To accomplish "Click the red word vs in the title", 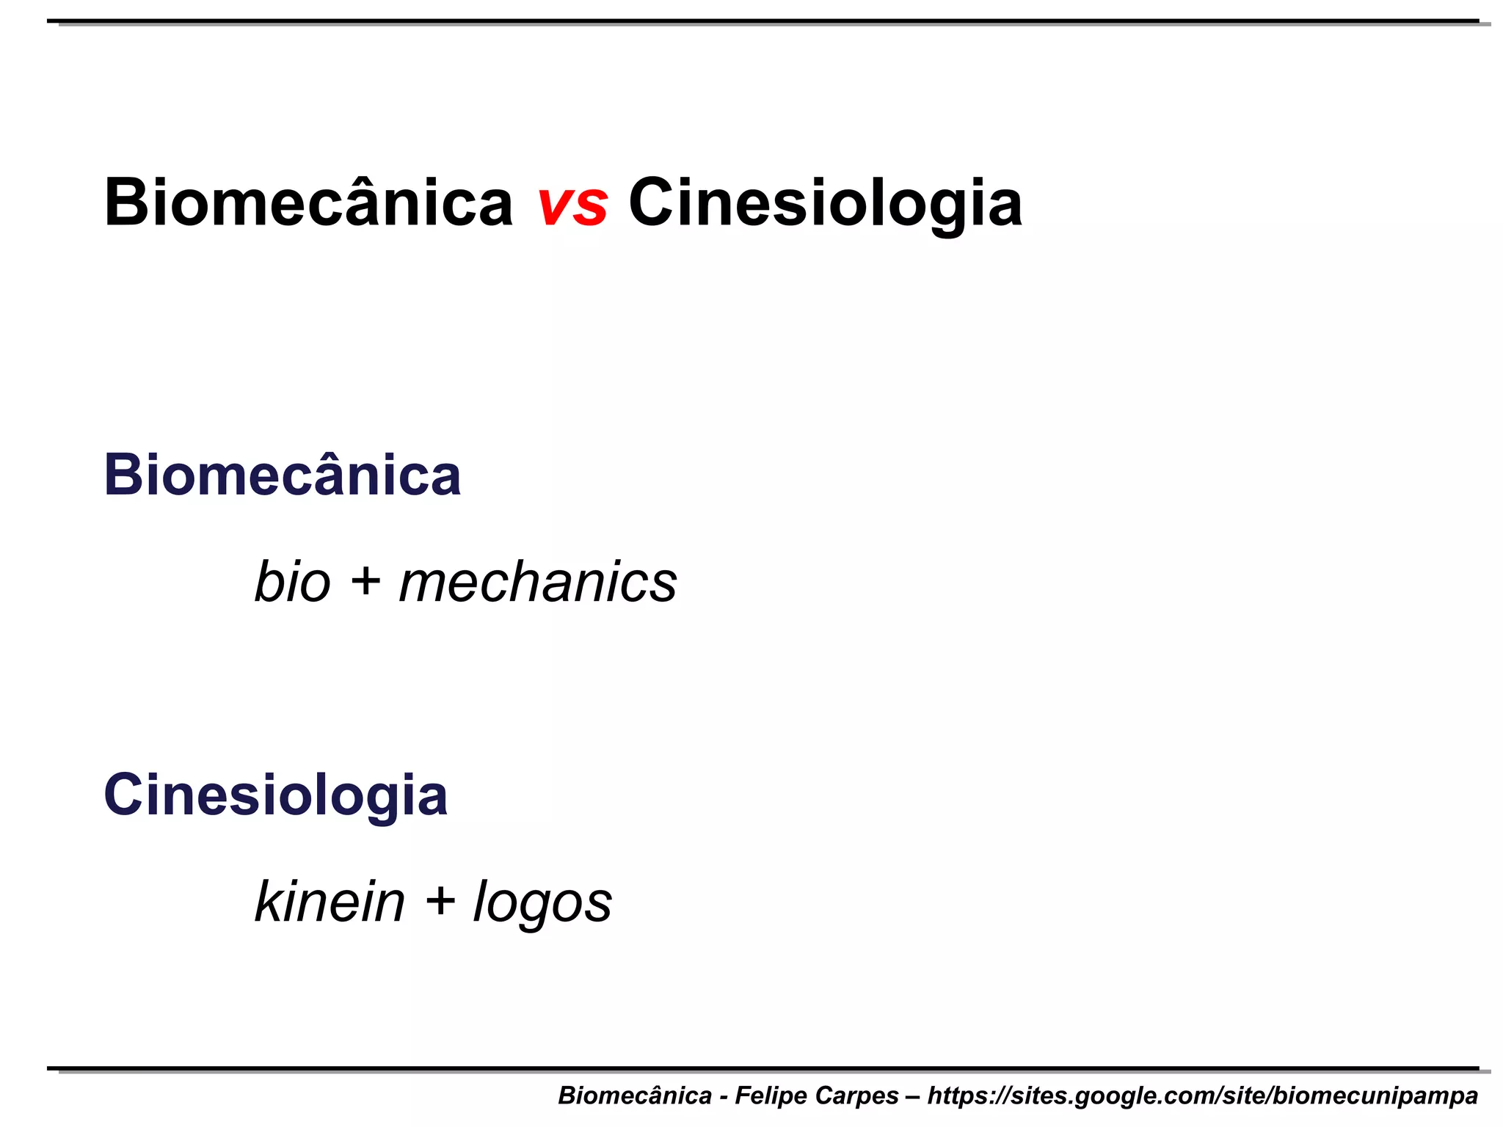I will [x=572, y=204].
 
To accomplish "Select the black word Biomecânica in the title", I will [x=308, y=203].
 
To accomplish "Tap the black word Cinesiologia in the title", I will [x=825, y=204].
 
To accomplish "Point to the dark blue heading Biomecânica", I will [x=283, y=475].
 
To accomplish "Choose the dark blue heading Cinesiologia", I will [x=275, y=796].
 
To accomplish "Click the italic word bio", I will [x=292, y=583].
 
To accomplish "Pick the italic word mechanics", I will [x=538, y=583].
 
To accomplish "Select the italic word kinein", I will [x=330, y=902].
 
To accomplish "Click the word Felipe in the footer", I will [x=767, y=1095].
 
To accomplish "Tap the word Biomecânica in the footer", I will [x=635, y=1095].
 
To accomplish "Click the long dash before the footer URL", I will [x=912, y=1096].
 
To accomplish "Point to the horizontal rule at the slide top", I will [x=763, y=21].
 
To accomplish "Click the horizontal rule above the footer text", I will [x=763, y=1068].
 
